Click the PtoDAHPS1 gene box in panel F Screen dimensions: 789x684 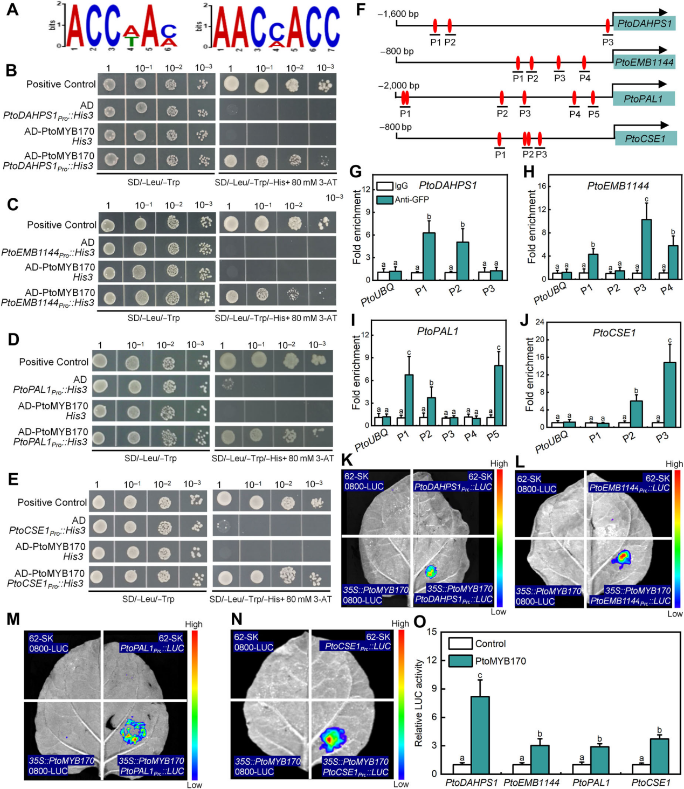click(x=644, y=23)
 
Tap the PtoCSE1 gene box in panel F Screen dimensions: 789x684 click(x=645, y=139)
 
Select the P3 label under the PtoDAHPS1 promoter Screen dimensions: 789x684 click(x=607, y=42)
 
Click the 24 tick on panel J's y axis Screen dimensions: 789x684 click(x=539, y=322)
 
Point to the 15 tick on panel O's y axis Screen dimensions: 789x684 click(x=432, y=631)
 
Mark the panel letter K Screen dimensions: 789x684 click(x=347, y=460)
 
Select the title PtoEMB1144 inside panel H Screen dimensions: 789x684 click(x=618, y=186)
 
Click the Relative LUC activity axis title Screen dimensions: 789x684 click(x=419, y=703)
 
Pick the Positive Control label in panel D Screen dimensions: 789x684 click(x=53, y=362)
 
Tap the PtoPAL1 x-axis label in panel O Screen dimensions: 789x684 click(x=591, y=782)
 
